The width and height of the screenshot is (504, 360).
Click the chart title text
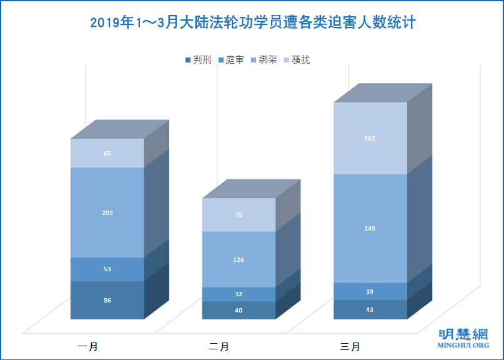point(252,23)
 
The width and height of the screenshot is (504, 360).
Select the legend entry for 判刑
point(199,60)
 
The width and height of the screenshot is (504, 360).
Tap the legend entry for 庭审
point(231,60)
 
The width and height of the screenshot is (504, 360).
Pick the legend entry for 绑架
point(264,60)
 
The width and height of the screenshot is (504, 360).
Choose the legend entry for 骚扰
point(297,60)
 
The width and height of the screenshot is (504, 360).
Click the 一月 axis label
point(87,346)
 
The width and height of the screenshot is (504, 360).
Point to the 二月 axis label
point(219,346)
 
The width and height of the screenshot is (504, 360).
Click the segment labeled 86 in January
point(107,301)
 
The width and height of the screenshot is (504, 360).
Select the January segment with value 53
point(107,269)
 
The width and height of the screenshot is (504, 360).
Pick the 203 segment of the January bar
point(107,212)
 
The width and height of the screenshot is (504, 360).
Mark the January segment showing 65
point(107,153)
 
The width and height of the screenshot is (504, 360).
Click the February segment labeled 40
point(239,311)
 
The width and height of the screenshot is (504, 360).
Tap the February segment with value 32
point(239,294)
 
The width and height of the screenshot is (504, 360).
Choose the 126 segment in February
point(239,259)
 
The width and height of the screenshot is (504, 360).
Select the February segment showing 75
point(239,215)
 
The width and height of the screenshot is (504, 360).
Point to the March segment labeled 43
point(370,310)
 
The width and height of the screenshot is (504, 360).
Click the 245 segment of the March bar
point(370,229)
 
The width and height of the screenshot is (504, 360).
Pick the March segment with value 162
point(370,138)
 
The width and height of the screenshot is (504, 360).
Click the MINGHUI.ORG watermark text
point(463,345)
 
